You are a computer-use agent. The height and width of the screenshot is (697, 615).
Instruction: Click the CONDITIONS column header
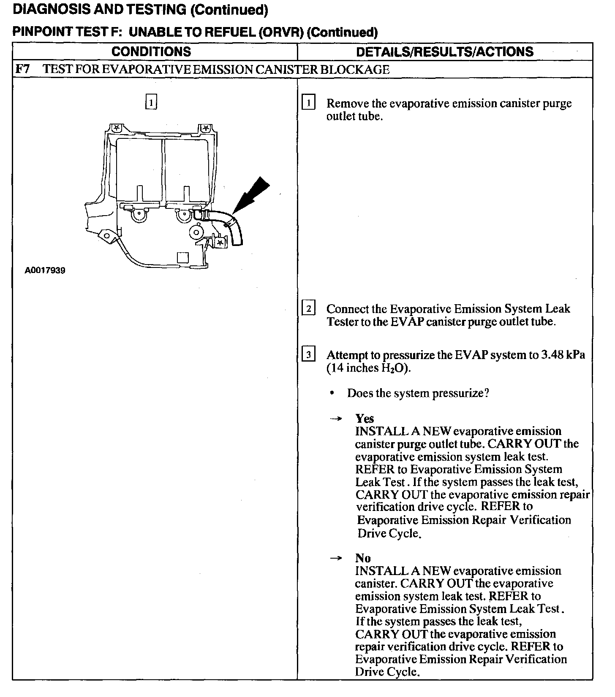click(151, 51)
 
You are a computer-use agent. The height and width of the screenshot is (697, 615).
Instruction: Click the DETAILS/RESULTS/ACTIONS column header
click(444, 51)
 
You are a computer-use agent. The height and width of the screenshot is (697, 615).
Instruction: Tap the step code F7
click(22, 69)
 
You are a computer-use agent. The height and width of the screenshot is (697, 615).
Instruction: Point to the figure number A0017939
click(45, 270)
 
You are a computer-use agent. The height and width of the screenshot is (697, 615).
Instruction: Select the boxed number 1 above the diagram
click(151, 102)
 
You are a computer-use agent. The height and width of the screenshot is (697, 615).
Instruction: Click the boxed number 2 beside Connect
click(308, 309)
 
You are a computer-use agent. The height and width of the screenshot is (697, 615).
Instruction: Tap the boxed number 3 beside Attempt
click(308, 355)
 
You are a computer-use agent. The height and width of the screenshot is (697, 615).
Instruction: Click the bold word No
click(363, 558)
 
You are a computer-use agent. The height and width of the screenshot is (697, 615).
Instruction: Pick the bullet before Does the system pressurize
click(333, 393)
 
